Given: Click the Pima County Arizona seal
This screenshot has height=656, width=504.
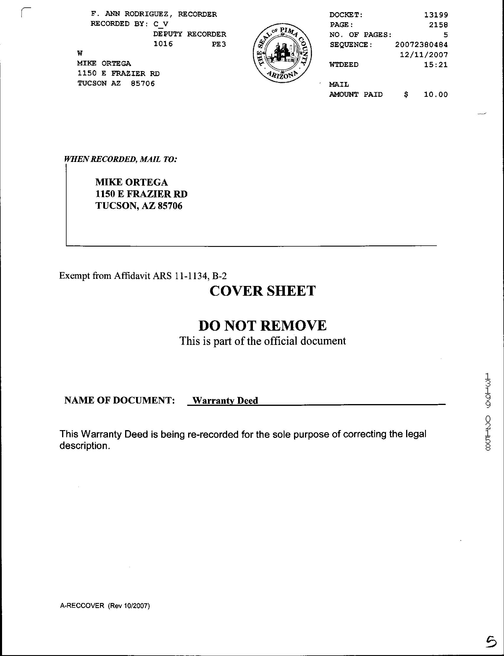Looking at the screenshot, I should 282,54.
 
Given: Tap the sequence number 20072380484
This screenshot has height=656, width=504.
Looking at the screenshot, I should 421,45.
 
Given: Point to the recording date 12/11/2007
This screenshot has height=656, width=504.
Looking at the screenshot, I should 424,55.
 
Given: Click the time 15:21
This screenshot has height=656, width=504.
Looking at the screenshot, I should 436,65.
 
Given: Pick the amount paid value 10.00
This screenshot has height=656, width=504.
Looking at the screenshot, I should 436,94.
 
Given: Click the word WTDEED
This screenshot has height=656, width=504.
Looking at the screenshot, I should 344,65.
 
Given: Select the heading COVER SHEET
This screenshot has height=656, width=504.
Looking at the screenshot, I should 263,291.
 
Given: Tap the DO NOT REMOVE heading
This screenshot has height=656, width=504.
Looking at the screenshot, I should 263,326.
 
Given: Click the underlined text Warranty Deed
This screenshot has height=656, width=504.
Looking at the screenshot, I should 225,401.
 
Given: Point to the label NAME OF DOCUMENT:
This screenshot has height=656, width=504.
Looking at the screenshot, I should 119,400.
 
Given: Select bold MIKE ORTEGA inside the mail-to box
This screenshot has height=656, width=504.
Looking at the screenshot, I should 131,182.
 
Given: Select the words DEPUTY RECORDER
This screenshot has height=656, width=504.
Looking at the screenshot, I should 190,34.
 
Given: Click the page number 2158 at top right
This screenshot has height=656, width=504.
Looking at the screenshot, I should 438,25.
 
